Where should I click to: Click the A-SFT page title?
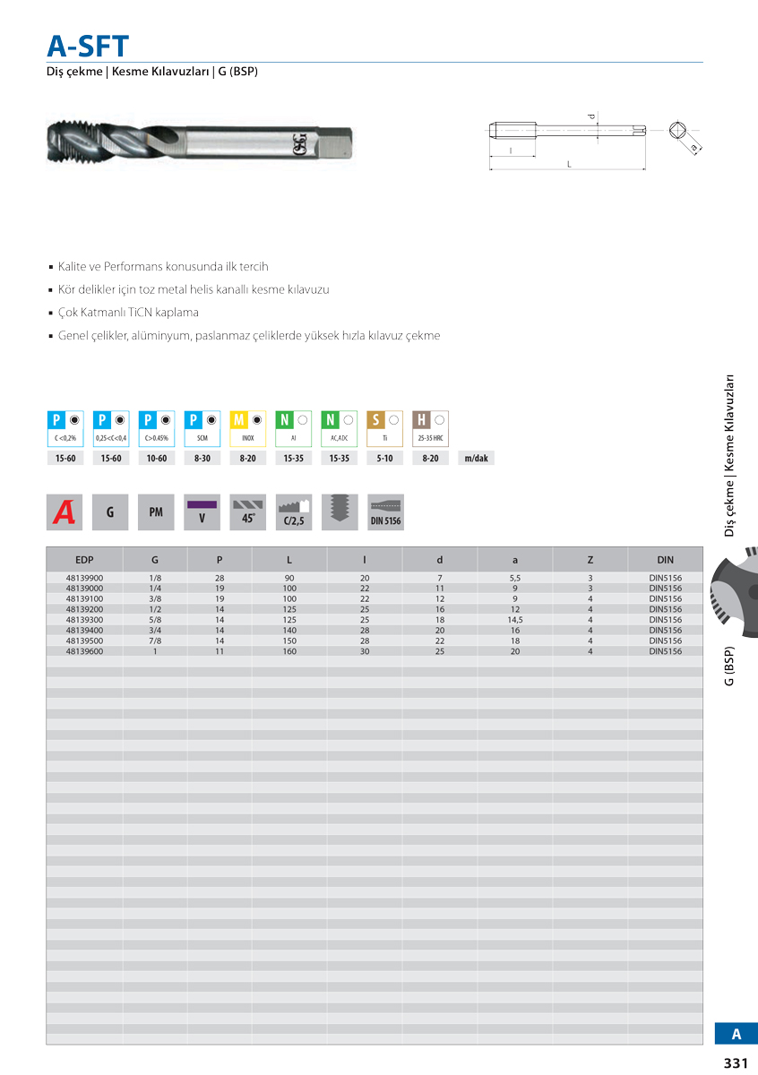(88, 46)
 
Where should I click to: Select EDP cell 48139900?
(84, 578)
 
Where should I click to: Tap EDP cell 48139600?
(84, 651)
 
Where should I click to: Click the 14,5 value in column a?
(514, 620)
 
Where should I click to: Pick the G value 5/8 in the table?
(155, 620)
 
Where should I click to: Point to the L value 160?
(289, 651)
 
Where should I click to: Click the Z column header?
(590, 560)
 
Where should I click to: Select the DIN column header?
(665, 560)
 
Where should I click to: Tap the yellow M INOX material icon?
(248, 428)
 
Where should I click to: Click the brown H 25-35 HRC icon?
(430, 428)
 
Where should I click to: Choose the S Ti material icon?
(384, 428)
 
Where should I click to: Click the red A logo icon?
(65, 512)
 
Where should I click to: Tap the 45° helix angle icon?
(248, 512)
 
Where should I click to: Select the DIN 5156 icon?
(385, 512)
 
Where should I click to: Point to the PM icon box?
(156, 512)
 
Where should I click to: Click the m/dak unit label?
(475, 459)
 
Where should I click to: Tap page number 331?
(735, 1063)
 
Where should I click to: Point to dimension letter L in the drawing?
(568, 164)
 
